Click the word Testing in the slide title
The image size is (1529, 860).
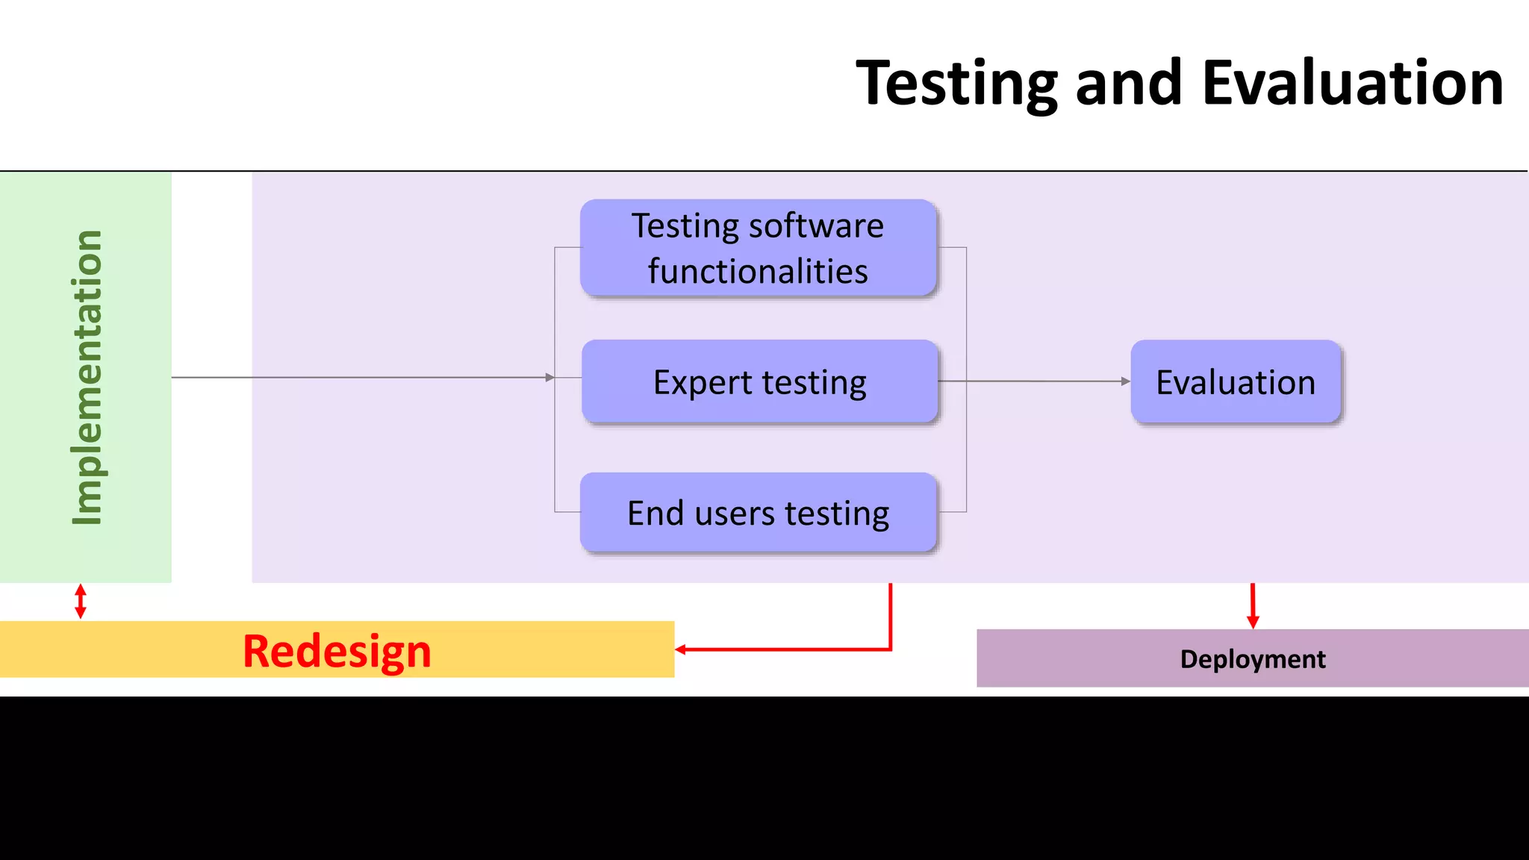pyautogui.click(x=956, y=84)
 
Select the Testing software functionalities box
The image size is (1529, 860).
pyautogui.click(x=758, y=248)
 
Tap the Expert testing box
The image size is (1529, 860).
pyautogui.click(x=759, y=381)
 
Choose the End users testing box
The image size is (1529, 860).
pyautogui.click(x=758, y=513)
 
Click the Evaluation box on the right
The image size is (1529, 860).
pyautogui.click(x=1236, y=382)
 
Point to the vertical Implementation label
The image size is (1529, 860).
pyautogui.click(x=87, y=377)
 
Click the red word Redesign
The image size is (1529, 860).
pyautogui.click(x=337, y=651)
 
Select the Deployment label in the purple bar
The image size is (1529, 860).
pyautogui.click(x=1252, y=659)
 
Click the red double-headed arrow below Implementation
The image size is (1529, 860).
pyautogui.click(x=81, y=601)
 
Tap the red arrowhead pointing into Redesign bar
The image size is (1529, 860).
pyautogui.click(x=680, y=649)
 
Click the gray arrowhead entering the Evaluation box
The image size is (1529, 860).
pyautogui.click(x=1126, y=381)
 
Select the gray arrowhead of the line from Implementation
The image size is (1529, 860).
pyautogui.click(x=550, y=378)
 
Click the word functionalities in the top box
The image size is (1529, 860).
pyautogui.click(x=758, y=271)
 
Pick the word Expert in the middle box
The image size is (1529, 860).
pyautogui.click(x=702, y=383)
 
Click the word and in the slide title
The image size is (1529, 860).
pyautogui.click(x=1128, y=84)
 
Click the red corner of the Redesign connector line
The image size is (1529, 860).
pyautogui.click(x=891, y=649)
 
